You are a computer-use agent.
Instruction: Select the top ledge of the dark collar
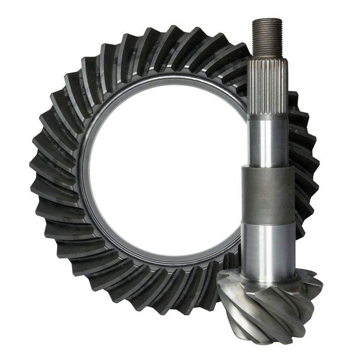click(x=267, y=167)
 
